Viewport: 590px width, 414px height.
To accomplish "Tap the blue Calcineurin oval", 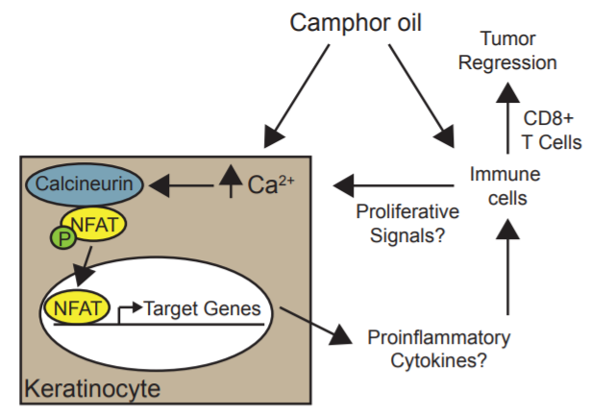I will (86, 181).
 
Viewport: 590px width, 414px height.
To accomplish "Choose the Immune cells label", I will (505, 185).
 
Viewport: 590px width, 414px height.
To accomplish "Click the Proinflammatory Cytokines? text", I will (438, 350).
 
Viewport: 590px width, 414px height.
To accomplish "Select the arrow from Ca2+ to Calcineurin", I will (184, 182).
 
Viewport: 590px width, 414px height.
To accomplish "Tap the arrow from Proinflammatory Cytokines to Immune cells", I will (506, 270).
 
